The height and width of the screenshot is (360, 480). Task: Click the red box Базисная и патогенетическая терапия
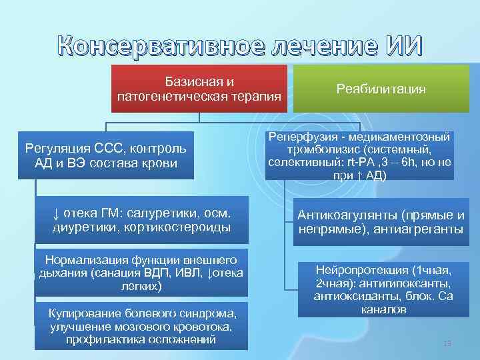pyautogui.click(x=199, y=89)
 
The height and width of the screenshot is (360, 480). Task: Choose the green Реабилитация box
pyautogui.click(x=381, y=89)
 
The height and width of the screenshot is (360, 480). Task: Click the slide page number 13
pyautogui.click(x=447, y=343)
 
